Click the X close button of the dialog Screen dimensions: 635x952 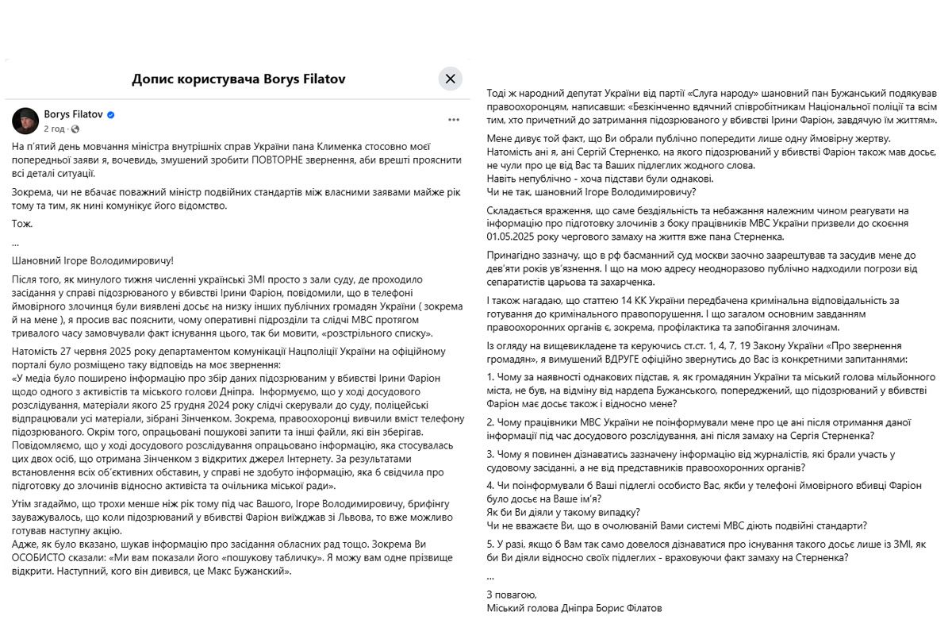coord(450,78)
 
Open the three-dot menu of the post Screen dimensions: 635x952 coord(454,120)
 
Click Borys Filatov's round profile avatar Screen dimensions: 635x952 coord(25,121)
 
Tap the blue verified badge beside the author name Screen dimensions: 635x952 coord(111,115)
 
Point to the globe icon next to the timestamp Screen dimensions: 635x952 coord(75,129)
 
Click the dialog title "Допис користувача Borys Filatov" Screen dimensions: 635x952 coord(239,79)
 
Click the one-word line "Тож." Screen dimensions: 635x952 coord(22,224)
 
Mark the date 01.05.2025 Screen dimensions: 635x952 coord(515,236)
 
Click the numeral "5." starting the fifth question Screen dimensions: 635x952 coord(491,545)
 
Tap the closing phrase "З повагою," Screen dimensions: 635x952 coord(512,595)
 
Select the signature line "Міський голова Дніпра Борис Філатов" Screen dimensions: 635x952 coord(574,608)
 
